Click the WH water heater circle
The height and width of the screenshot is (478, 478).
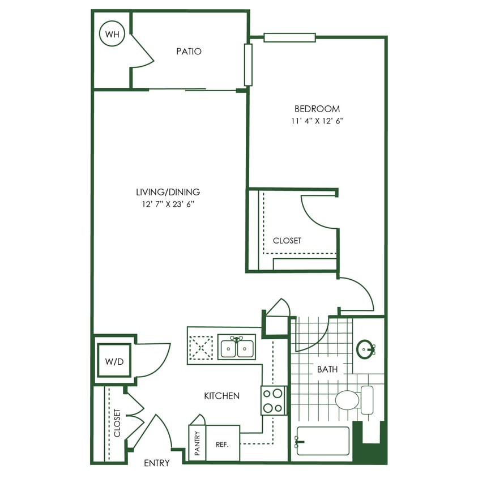point(112,35)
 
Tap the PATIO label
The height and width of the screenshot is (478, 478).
point(189,52)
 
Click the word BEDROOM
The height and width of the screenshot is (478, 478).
point(317,109)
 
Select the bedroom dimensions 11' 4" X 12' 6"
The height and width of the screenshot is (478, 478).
point(317,121)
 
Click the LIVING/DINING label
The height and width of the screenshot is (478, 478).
point(171,192)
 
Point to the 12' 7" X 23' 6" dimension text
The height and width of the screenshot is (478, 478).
point(171,204)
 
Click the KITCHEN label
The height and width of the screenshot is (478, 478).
point(221,396)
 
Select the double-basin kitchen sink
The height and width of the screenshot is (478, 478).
point(237,347)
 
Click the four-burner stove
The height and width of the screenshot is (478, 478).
point(272,400)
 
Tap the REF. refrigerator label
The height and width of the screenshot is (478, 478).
point(222,444)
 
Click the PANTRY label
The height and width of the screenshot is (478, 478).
point(197,443)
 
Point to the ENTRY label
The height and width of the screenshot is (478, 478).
point(157,463)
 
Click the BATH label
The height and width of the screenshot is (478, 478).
point(327,369)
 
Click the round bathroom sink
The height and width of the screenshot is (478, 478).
point(365,349)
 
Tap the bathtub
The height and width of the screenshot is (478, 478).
point(322,441)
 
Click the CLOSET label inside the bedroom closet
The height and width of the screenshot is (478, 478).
point(287,241)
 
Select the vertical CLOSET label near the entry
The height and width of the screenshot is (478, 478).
point(117,423)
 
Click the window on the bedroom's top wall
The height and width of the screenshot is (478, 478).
point(289,37)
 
